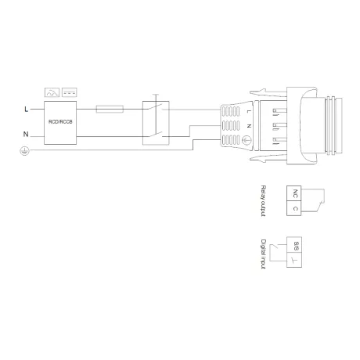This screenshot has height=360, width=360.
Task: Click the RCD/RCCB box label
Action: pyautogui.click(x=60, y=122)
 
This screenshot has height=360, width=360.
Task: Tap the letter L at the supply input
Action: pyautogui.click(x=26, y=110)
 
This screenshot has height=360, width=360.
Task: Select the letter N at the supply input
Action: pyautogui.click(x=26, y=134)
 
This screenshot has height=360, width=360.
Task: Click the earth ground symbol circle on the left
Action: pyautogui.click(x=24, y=151)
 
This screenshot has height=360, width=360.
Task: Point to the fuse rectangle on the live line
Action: pyautogui.click(x=110, y=109)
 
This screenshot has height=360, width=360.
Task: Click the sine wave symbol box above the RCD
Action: pyautogui.click(x=52, y=92)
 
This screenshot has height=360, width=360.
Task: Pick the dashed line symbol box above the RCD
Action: pyautogui.click(x=70, y=92)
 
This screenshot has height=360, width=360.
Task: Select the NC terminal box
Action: pyautogui.click(x=294, y=193)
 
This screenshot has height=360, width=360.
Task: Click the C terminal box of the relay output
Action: pyautogui.click(x=294, y=208)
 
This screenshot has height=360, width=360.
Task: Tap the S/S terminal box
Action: pyautogui.click(x=294, y=245)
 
